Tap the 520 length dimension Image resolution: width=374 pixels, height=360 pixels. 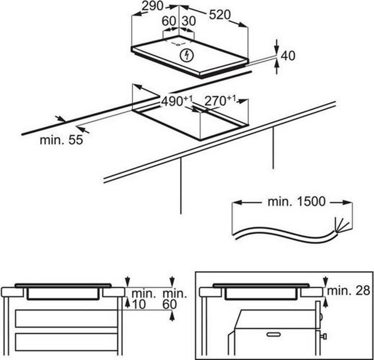click(220, 15)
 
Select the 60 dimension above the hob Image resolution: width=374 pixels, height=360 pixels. click(168, 21)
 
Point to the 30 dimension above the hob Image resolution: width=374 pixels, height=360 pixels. click(188, 21)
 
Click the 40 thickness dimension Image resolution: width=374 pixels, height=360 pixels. click(288, 56)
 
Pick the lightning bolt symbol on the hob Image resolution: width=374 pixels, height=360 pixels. click(187, 56)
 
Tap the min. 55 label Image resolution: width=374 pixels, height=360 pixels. click(61, 140)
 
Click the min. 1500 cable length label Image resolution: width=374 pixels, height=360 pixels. click(296, 201)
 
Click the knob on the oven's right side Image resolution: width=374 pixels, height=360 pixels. click(324, 335)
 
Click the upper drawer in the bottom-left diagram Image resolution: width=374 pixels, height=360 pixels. click(66, 318)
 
